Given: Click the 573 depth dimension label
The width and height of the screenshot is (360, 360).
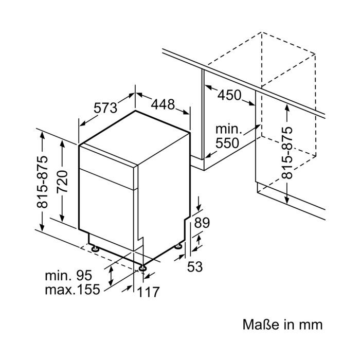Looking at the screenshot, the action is point(105,107).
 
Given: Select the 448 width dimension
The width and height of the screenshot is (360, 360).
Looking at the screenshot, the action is point(163,104).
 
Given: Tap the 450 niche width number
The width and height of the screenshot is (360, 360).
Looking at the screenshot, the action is point(229,95).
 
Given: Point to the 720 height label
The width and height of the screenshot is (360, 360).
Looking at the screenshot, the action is point(62,182).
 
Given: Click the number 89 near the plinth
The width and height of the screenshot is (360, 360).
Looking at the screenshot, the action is point(202,223).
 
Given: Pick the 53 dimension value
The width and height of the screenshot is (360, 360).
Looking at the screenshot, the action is point(195,267).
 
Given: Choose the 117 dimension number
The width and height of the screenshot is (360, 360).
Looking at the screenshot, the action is point(148,292).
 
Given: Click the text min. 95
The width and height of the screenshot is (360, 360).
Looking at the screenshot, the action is point(68,275).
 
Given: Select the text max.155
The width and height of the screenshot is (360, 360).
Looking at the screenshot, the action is point(73,289).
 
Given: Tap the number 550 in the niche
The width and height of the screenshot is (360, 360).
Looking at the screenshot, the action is point(227,143).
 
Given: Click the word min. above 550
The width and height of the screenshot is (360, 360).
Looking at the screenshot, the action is point(229,130).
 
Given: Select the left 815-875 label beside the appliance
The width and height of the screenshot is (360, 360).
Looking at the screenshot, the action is point(42,182).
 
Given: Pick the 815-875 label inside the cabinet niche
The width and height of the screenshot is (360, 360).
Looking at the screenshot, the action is point(287,153).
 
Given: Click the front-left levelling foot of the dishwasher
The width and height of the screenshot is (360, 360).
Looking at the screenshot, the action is point(95,248).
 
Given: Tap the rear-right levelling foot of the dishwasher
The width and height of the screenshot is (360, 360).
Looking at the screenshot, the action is point(178,246).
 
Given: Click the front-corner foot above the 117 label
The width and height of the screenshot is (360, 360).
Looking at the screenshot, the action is point(143,268).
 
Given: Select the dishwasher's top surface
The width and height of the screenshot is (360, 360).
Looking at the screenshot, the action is point(135,137).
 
